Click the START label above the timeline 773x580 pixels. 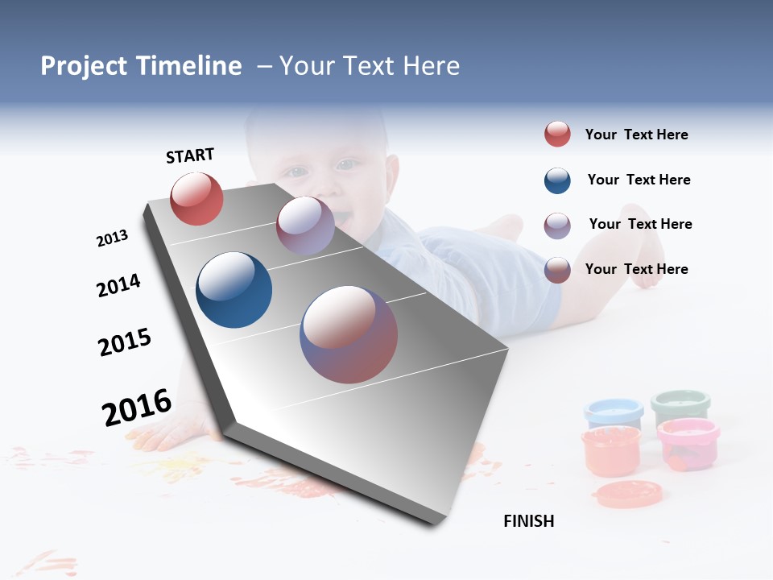(x=190, y=155)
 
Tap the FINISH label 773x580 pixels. (x=529, y=521)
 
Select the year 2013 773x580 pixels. (x=112, y=238)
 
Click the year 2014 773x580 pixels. (x=118, y=285)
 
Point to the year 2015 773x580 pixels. (x=125, y=342)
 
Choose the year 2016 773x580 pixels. (x=137, y=407)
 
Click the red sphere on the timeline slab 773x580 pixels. (x=196, y=199)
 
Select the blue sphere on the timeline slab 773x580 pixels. (x=234, y=290)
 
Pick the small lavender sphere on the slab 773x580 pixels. (x=305, y=226)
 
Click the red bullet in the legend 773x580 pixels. (x=557, y=135)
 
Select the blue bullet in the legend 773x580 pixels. (x=557, y=180)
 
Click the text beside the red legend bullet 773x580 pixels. (x=636, y=135)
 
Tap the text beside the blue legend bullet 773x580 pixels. (x=639, y=180)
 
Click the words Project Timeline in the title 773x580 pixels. (x=141, y=66)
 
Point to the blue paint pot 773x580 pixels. (x=614, y=412)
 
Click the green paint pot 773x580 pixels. (x=680, y=406)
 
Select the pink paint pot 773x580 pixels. (x=688, y=443)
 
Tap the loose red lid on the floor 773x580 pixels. (x=628, y=494)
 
